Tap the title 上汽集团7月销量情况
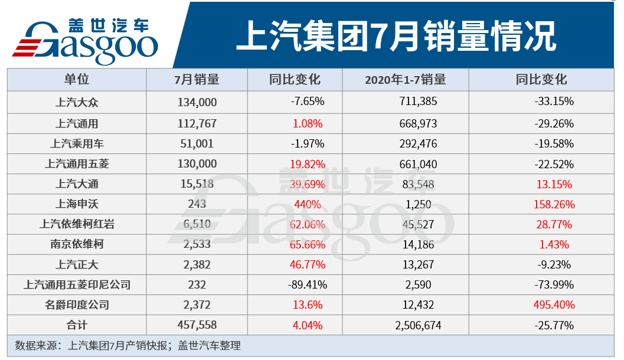click(x=396, y=37)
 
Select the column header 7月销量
click(x=197, y=80)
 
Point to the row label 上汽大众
click(x=77, y=102)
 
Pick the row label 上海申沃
click(x=77, y=204)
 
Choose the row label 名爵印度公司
click(x=77, y=305)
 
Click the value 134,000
click(x=197, y=102)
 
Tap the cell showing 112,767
click(x=197, y=123)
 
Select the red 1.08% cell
click(x=307, y=123)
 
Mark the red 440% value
click(x=307, y=204)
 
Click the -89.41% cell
click(x=307, y=285)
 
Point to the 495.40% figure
click(x=554, y=305)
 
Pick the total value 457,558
click(x=197, y=325)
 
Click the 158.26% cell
click(x=554, y=204)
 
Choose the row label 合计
click(x=77, y=325)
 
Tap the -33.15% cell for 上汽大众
click(x=554, y=102)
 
